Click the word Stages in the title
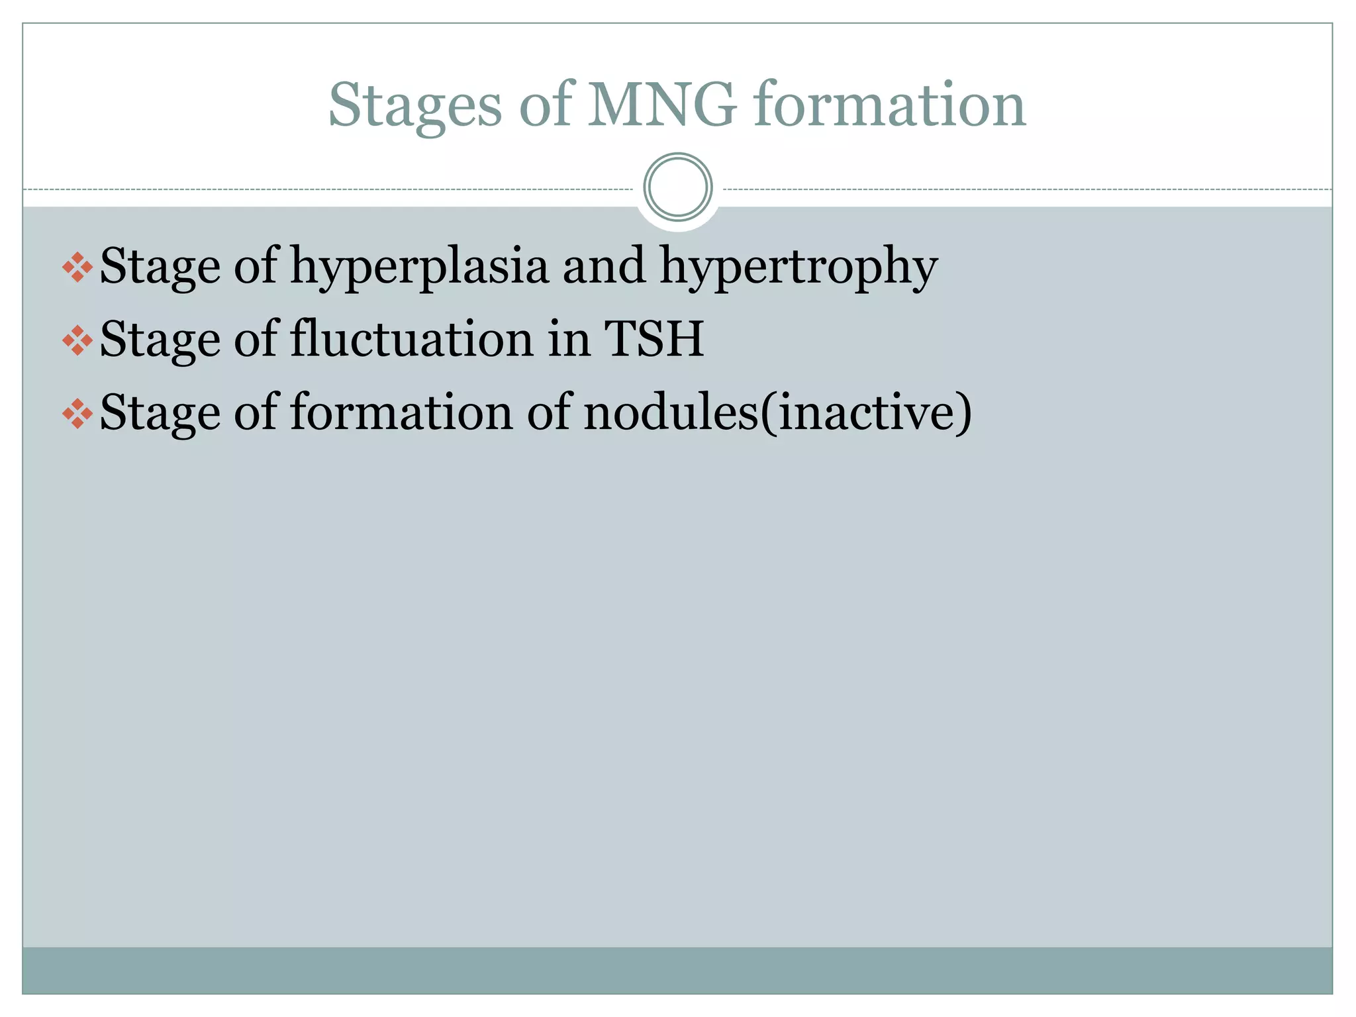414,106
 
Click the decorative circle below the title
678,187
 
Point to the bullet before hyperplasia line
77,267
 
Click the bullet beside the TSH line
77,340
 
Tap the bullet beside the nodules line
77,414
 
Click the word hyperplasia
419,267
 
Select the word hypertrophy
799,267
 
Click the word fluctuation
412,339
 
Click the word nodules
670,412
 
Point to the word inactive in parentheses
866,412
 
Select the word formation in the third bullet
401,412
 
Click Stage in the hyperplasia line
160,267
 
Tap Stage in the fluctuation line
160,340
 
